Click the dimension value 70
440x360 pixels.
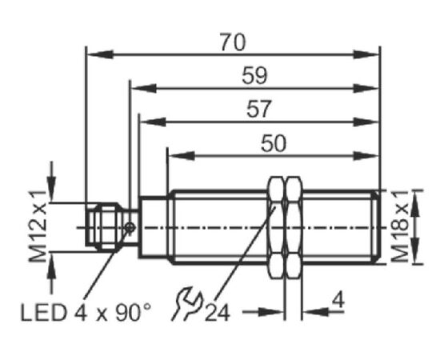click(232, 42)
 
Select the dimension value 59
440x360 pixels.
click(254, 76)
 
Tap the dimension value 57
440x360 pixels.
click(259, 109)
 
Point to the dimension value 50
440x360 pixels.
click(274, 143)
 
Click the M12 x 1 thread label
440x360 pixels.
click(38, 226)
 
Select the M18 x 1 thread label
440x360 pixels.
click(401, 226)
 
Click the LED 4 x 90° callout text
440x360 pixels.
click(86, 313)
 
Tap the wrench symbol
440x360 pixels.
click(186, 303)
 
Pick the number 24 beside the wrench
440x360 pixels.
click(218, 313)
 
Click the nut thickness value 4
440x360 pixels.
click(338, 299)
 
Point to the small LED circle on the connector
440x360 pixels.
click(130, 227)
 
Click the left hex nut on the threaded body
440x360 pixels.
click(276, 227)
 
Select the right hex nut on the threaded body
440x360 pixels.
click(294, 227)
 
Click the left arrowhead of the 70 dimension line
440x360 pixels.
click(100, 54)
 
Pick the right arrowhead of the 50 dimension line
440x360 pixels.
click(366, 156)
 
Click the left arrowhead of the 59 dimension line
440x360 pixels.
click(144, 88)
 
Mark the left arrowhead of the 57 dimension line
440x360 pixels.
click(152, 122)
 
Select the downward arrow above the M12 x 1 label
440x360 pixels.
click(51, 182)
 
